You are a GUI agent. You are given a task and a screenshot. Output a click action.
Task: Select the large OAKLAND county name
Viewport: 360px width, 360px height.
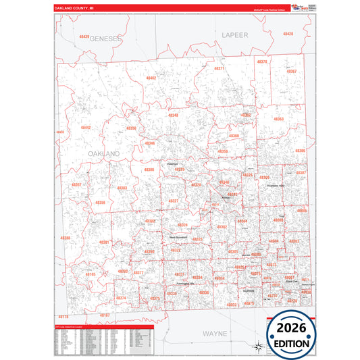(103, 154)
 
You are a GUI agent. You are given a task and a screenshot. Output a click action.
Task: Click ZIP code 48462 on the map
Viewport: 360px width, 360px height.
(151, 78)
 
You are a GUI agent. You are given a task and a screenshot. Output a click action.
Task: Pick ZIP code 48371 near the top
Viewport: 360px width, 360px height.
(219, 69)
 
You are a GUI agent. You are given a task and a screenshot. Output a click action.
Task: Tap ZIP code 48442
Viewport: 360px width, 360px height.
(86, 127)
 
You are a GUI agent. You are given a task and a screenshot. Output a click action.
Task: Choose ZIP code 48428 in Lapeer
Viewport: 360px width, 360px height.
(288, 33)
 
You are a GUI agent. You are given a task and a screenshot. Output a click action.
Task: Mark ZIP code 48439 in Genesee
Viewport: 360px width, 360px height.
(84, 36)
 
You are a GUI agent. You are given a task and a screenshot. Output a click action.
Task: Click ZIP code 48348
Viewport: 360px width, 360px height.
(174, 115)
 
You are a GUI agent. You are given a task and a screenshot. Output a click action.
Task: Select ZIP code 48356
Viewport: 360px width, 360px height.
(100, 202)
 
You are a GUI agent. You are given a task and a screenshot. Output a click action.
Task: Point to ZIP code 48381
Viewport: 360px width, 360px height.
(105, 242)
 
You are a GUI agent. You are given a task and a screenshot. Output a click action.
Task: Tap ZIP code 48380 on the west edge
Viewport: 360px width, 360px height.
(65, 238)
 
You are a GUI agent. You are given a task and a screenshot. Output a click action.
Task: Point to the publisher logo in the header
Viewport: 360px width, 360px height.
(297, 7)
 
